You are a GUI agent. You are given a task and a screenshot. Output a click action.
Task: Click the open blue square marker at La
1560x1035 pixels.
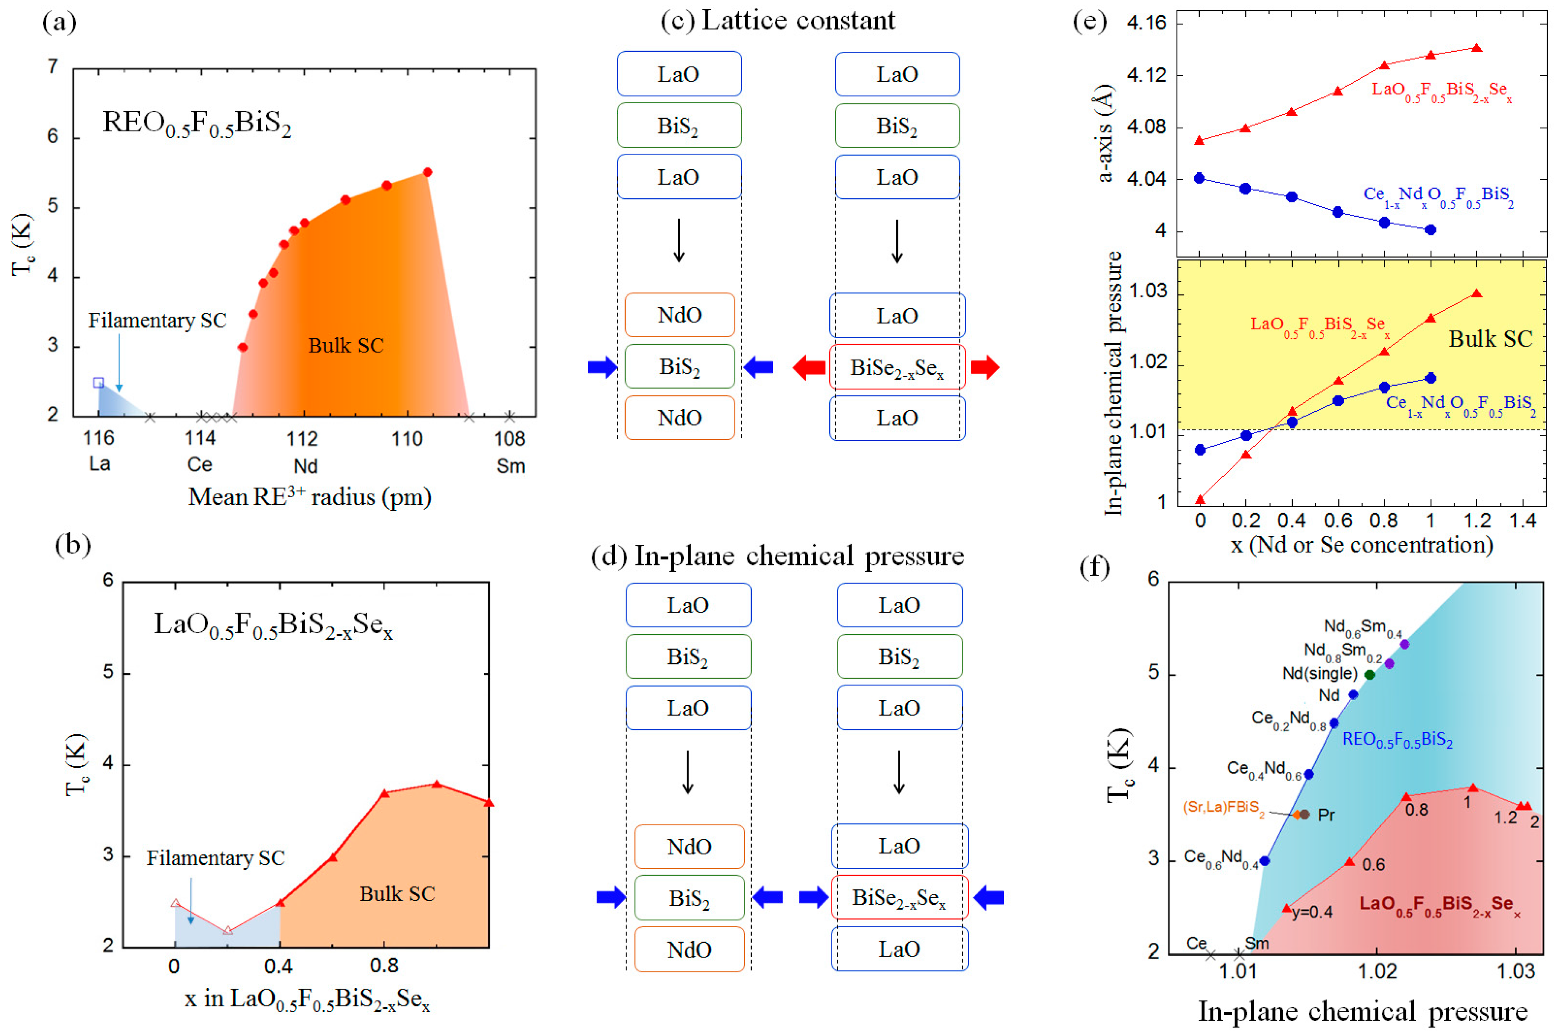pyautogui.click(x=99, y=383)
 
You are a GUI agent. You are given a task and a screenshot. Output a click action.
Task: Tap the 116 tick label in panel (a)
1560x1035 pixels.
pyautogui.click(x=99, y=438)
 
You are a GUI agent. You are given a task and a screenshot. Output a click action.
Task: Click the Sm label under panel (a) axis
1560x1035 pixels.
pyautogui.click(x=511, y=466)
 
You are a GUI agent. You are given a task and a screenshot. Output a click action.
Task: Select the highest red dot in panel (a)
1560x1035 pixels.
pyautogui.click(x=427, y=172)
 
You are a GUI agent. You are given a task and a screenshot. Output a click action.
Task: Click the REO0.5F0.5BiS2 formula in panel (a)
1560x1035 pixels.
pyautogui.click(x=197, y=123)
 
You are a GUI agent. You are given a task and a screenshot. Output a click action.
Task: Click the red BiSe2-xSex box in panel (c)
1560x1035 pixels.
pyautogui.click(x=897, y=368)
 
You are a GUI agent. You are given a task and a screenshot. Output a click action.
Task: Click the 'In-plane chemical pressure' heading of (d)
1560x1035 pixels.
pyautogui.click(x=799, y=556)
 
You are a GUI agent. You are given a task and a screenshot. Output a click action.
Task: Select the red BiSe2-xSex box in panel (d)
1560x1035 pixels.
pyautogui.click(x=899, y=898)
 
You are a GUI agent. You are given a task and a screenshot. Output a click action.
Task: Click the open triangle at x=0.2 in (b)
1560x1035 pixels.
pyautogui.click(x=228, y=931)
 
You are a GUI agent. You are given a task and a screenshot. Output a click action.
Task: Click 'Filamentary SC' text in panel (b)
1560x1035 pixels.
pyautogui.click(x=215, y=858)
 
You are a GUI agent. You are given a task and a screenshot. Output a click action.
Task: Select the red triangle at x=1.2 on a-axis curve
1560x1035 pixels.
pyautogui.click(x=1477, y=48)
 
